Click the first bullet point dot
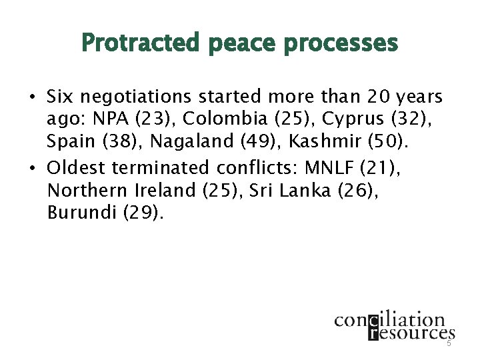32,98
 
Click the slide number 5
449,343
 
